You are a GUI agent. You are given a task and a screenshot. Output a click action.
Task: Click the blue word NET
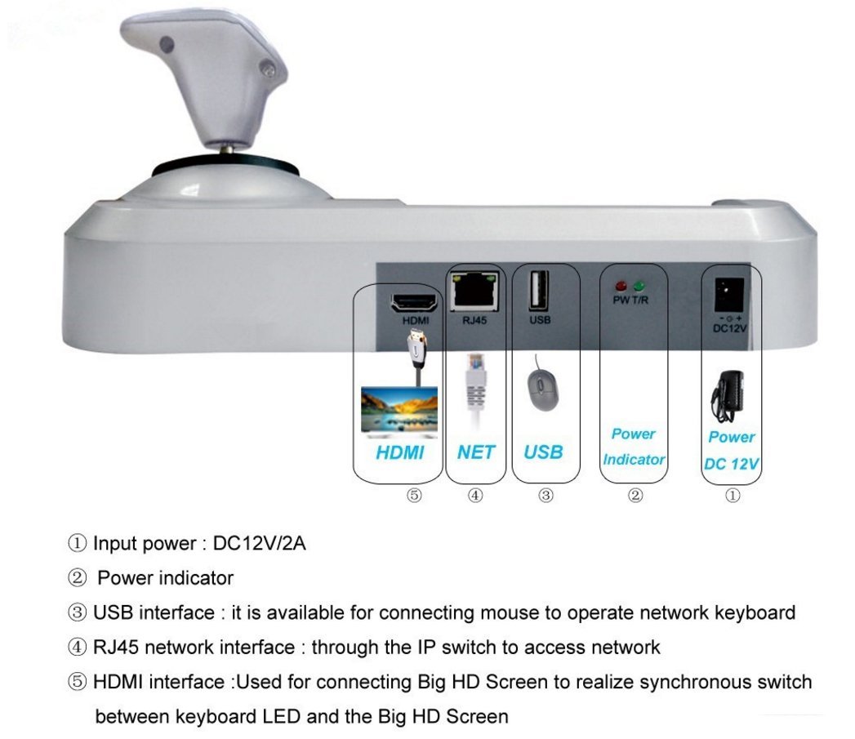click(475, 452)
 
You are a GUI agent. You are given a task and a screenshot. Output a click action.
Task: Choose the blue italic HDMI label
click(400, 452)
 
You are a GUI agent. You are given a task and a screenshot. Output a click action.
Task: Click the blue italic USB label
click(543, 452)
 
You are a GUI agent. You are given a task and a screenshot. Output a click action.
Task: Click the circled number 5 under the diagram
click(414, 495)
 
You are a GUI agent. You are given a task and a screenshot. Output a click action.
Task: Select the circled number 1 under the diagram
click(733, 495)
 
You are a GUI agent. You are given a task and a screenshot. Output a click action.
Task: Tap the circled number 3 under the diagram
click(546, 495)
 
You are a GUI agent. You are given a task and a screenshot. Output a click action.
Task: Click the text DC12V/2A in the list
click(259, 543)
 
